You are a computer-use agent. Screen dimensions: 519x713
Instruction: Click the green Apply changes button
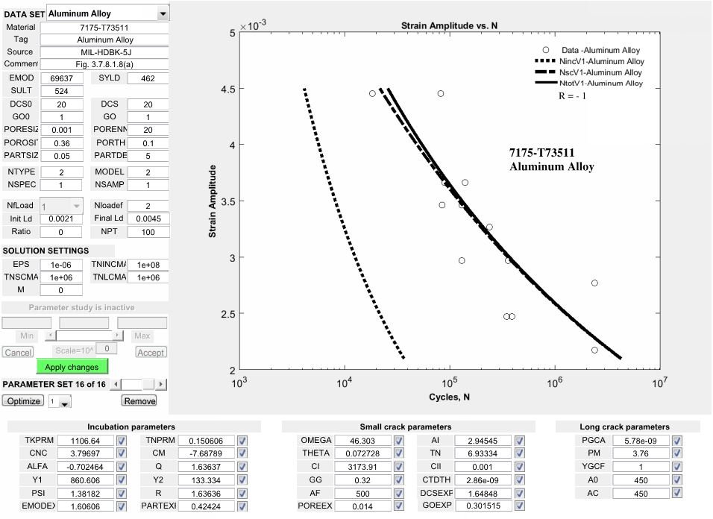coord(72,367)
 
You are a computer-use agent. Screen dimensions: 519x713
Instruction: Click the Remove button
coord(139,400)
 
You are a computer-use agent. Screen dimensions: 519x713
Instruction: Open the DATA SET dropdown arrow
coord(163,13)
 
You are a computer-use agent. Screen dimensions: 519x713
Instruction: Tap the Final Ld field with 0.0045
coord(148,218)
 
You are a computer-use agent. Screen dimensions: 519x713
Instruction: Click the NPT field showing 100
coord(148,232)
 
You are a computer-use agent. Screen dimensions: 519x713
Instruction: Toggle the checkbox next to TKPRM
coord(122,441)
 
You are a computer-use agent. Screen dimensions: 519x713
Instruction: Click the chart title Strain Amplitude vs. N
coord(449,25)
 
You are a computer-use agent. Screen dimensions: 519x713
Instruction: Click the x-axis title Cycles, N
coord(449,396)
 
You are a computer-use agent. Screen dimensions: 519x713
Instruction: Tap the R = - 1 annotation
coord(573,95)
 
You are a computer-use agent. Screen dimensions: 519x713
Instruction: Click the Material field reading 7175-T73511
coord(104,28)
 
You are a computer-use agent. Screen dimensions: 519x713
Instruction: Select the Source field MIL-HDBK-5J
coord(104,52)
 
